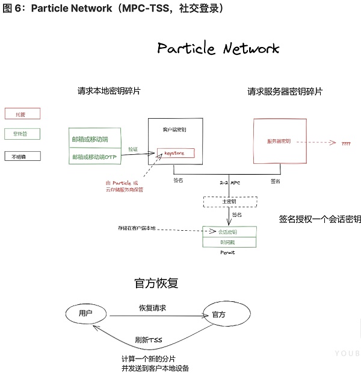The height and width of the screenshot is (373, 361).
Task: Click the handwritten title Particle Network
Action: [218, 49]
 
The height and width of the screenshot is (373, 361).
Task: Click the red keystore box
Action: [175, 154]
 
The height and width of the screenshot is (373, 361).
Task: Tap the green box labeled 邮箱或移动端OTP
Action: [96, 157]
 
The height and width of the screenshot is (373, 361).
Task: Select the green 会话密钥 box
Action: [230, 231]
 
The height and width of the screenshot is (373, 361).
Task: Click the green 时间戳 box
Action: [230, 242]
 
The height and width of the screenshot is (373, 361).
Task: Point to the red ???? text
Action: [346, 145]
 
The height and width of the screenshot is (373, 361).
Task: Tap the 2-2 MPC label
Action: [230, 181]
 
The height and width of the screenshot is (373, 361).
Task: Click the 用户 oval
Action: [86, 313]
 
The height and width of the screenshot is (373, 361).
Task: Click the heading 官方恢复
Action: [156, 283]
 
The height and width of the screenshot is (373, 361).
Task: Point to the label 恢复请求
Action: [152, 308]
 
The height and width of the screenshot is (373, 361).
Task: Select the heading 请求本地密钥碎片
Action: [113, 92]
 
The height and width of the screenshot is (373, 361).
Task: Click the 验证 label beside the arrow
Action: [133, 149]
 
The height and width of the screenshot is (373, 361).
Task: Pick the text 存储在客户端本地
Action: [137, 228]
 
